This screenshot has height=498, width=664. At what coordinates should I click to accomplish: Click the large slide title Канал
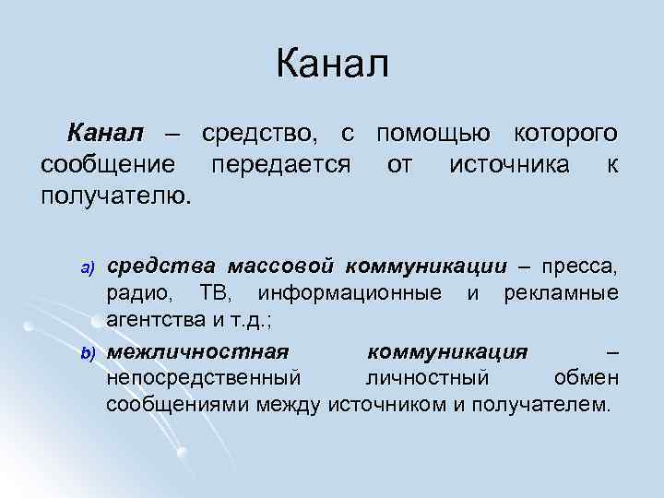(x=332, y=65)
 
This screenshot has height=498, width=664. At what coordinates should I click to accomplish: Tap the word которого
(x=564, y=136)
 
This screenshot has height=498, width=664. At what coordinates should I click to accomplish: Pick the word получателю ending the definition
(x=117, y=196)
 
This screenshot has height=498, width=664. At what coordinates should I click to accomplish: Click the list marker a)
(x=89, y=268)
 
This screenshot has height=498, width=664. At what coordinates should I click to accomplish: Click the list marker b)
(x=89, y=353)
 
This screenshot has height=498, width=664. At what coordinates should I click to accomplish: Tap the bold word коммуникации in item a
(x=426, y=267)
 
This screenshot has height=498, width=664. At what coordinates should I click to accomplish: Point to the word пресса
(x=580, y=267)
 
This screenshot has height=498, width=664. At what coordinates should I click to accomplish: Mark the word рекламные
(x=561, y=294)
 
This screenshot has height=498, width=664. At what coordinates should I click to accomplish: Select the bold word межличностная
(x=197, y=352)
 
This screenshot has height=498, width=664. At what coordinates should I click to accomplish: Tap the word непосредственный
(x=204, y=378)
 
